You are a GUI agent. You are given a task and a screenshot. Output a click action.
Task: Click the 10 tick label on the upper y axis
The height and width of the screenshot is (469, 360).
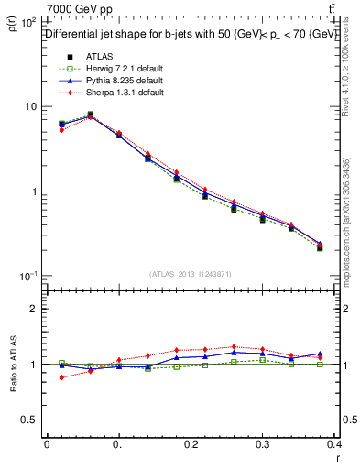click(x=29, y=107)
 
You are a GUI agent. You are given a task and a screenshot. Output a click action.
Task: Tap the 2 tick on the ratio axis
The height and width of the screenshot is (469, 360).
click(x=35, y=309)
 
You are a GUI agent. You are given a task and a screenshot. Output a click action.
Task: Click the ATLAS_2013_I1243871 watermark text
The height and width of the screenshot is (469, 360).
click(x=191, y=274)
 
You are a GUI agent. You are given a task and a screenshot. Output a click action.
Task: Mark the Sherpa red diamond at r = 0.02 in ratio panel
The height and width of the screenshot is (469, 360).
click(x=61, y=376)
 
